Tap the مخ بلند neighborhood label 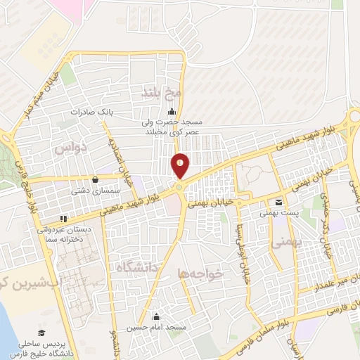coord(162,92)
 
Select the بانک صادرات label coord(91,111)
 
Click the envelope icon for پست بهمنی coord(279,202)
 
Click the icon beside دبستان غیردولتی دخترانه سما coord(63,218)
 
